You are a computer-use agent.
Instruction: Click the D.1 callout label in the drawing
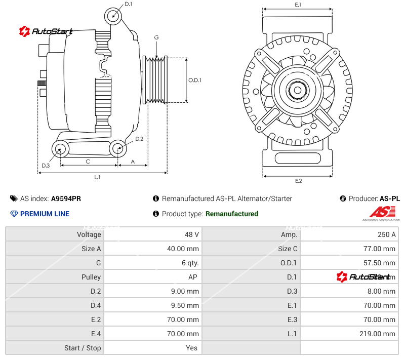(128, 4)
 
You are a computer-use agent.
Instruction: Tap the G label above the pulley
(156, 37)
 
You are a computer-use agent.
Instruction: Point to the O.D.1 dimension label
(195, 80)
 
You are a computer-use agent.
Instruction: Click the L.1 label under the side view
(97, 177)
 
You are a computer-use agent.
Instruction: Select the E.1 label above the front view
(298, 5)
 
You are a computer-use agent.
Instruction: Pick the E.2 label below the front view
(298, 181)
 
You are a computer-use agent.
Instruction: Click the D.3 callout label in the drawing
(46, 166)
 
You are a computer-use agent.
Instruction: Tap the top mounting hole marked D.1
(114, 16)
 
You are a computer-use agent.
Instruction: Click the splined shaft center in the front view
(298, 91)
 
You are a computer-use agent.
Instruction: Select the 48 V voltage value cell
(192, 234)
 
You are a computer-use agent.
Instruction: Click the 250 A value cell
(387, 234)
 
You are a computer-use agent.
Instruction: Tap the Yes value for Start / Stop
(192, 348)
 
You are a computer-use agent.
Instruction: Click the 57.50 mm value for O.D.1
(381, 263)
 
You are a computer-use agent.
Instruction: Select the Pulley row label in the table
(91, 277)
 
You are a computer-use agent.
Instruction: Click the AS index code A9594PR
(66, 198)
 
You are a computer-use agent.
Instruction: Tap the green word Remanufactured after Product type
(231, 214)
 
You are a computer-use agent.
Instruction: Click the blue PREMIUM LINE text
(45, 214)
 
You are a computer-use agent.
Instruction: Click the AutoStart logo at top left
(46, 31)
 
